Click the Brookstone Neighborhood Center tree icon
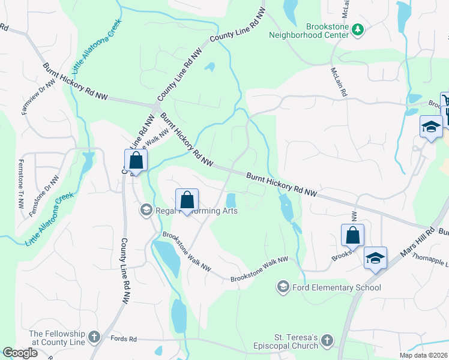(x=357, y=29)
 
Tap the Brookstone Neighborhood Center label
(x=327, y=31)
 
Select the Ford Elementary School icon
(x=283, y=287)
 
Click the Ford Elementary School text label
(x=336, y=287)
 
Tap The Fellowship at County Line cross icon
(x=94, y=337)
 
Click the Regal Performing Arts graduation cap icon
(x=145, y=211)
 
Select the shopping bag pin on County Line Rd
(x=136, y=161)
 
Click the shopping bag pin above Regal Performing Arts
(x=187, y=200)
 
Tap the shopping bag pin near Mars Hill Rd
(x=352, y=235)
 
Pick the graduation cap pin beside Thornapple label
(x=375, y=258)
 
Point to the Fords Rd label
(x=124, y=339)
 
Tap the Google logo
(x=20, y=353)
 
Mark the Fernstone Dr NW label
(x=52, y=189)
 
